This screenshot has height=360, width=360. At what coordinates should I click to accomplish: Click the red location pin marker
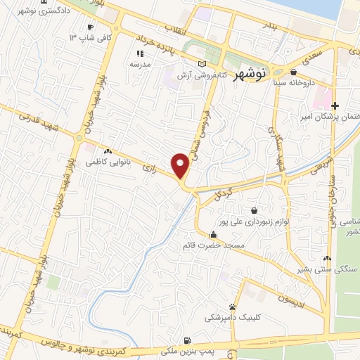[x=181, y=165]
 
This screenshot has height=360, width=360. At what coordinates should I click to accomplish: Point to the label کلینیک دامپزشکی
[x=232, y=318]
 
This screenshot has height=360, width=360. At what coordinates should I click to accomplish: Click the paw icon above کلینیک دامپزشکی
[x=232, y=307]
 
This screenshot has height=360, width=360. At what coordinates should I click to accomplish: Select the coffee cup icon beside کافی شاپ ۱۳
[x=90, y=27]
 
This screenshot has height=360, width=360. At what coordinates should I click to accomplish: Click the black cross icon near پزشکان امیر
[x=335, y=105]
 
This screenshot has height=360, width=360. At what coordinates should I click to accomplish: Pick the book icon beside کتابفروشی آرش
[x=202, y=64]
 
